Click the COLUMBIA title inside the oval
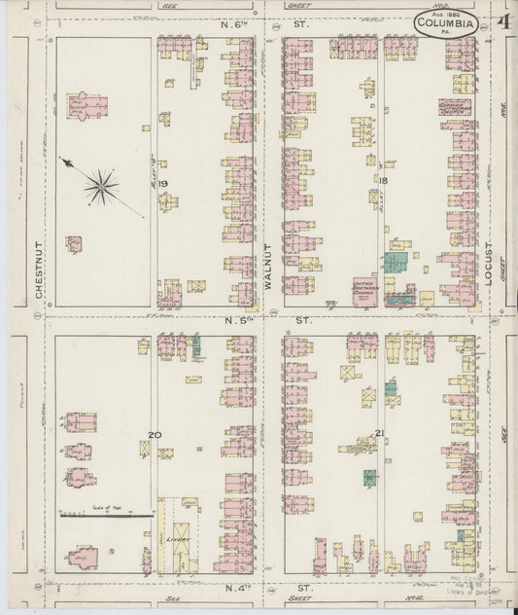point(446,23)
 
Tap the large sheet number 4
point(502,22)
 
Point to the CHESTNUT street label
point(40,271)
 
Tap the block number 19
point(163,183)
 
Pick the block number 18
point(384,182)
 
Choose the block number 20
point(154,435)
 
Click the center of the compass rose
point(101,184)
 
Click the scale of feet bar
point(107,515)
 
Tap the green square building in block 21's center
point(370,478)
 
